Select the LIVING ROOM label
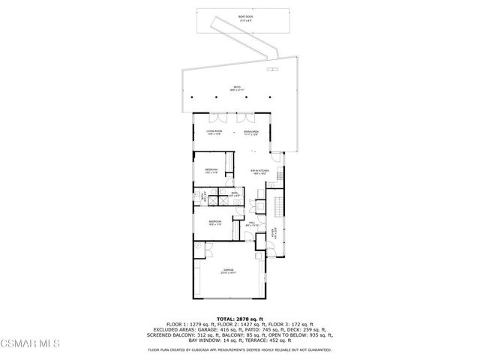tap(215, 132)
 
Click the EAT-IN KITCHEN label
tap(259, 172)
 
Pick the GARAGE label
tap(227, 270)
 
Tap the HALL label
tap(253, 223)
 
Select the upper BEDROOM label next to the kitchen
tap(211, 170)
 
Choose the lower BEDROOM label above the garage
tap(214, 222)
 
